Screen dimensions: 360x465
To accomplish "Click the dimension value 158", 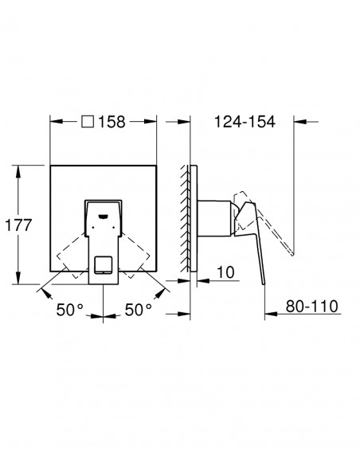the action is [112, 122].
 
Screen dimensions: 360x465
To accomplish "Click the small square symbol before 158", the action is [88, 122].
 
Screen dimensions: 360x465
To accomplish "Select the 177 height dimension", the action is [18, 225].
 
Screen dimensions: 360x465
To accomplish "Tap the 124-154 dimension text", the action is [245, 122].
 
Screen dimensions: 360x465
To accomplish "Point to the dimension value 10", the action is [225, 272].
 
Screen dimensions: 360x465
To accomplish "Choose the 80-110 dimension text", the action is [312, 306].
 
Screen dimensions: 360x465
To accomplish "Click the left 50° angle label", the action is [70, 310].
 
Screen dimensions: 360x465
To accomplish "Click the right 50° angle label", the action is [139, 310].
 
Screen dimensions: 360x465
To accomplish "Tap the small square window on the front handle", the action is [104, 264].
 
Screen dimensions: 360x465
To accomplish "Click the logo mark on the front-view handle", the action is [103, 217].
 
